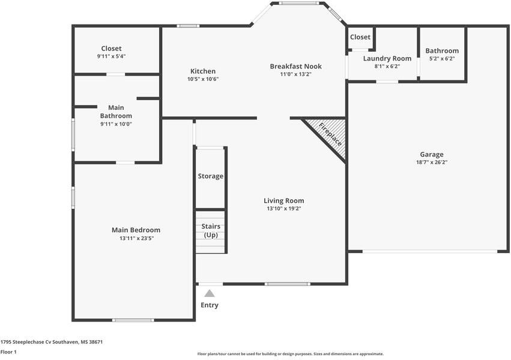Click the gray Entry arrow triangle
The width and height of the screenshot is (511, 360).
pos(210,294)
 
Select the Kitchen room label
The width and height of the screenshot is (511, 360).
pos(203,71)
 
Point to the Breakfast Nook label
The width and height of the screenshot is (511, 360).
pos(295,67)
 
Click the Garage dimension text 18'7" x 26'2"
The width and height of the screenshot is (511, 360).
pos(432,162)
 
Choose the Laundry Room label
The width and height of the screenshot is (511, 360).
pos(387,59)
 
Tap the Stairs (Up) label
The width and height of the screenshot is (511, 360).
pos(211,230)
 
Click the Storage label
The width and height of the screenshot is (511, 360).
pos(211,176)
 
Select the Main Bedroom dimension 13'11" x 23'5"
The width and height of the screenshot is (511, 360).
pos(136,238)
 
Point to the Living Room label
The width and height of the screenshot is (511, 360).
pos(284,201)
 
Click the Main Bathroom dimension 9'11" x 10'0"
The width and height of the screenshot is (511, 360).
pos(116,124)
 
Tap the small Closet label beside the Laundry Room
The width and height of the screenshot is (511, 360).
pos(360,37)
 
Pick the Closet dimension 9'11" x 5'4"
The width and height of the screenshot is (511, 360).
pos(111,56)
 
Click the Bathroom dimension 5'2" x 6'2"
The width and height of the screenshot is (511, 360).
pos(442,59)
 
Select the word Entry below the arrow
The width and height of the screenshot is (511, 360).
pos(210,305)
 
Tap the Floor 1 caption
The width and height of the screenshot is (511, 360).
pos(8,352)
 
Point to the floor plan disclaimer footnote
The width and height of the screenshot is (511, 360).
pos(291,354)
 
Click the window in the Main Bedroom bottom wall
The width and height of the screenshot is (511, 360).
pos(133,320)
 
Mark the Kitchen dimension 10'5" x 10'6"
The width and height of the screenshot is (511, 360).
pos(203,79)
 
